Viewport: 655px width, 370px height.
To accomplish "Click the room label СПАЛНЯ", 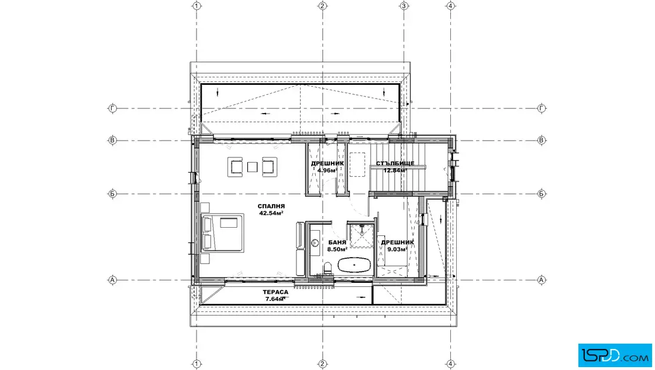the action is [271, 206].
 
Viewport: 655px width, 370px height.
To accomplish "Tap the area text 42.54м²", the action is [271, 213].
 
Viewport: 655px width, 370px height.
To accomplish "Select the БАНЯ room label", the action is [337, 242].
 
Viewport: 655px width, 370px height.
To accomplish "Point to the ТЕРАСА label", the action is [275, 292].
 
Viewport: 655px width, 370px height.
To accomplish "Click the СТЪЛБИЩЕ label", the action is [395, 163].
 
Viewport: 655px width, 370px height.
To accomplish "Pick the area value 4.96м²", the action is [327, 170].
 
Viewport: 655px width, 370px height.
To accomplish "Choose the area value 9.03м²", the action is [397, 249].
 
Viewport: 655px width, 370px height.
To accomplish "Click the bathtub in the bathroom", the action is [354, 265].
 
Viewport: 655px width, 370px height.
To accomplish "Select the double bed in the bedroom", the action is [222, 233].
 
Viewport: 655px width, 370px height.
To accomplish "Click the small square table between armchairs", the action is [252, 167].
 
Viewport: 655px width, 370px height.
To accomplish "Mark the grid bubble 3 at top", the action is [404, 6].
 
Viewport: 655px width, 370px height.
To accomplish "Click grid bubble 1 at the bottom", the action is [196, 364].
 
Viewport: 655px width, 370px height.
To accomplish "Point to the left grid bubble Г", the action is [112, 108].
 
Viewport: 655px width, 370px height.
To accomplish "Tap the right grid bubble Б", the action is [542, 194].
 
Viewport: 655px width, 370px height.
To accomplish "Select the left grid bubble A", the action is [112, 280].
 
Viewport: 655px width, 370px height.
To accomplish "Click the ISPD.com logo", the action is [615, 355].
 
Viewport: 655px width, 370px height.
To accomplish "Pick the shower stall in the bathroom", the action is [361, 236].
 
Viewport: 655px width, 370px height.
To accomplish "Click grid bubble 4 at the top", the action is [450, 6].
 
